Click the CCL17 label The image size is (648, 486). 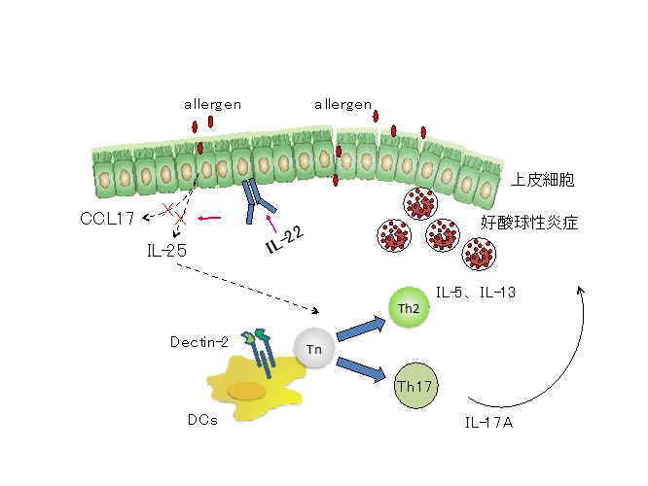pos(107,217)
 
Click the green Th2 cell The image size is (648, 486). pos(409,307)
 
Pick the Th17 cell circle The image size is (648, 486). pos(414,386)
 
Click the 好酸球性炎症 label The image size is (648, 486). pos(530,223)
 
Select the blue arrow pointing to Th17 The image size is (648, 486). pos(362,370)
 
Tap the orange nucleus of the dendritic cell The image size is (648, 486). pos(247,391)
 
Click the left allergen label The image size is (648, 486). pos(212,103)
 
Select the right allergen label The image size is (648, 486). pos(343,103)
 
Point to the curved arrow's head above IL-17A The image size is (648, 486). pos(583,288)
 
